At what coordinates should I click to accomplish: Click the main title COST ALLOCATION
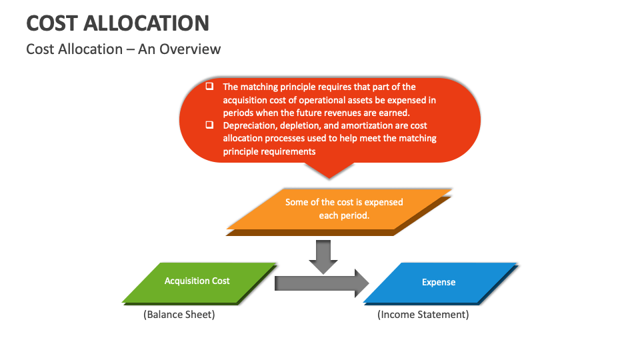coord(117,23)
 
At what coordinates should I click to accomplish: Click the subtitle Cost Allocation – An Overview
coord(123,49)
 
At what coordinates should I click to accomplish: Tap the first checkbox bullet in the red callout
coord(209,86)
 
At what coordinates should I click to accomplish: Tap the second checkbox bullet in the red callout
coord(209,125)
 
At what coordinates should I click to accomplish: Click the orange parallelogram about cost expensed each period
coord(340,210)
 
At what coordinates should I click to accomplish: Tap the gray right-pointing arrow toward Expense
coord(320,283)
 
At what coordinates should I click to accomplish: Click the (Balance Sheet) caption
coord(179,315)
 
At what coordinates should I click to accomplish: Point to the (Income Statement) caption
coord(423,315)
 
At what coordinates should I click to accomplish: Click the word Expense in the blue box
coord(439,282)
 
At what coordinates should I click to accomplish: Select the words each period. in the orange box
coord(343,216)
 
